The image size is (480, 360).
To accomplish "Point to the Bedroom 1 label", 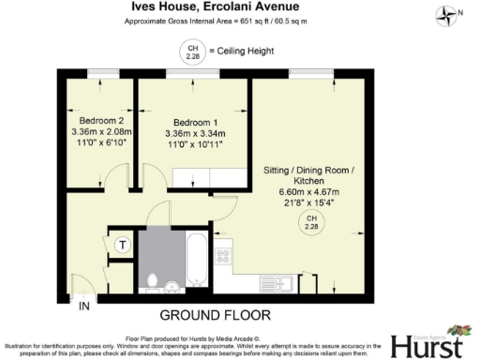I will pos(196,123).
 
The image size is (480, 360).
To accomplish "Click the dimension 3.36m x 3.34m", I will pos(196,134).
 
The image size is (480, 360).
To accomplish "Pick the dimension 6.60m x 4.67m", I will pos(309,192).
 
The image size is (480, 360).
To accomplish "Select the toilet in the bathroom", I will pos(154,278).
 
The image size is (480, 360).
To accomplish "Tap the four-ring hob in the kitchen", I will pos(226,252).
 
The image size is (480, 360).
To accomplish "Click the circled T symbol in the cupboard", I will pos(122,246).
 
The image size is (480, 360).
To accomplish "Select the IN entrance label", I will pos(84,307).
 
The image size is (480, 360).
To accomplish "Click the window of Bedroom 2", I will pos(98,73).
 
